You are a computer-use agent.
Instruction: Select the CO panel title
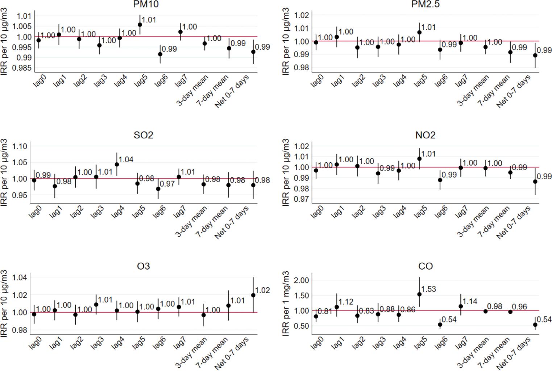click(425, 266)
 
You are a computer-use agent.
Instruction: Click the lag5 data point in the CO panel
click(419, 294)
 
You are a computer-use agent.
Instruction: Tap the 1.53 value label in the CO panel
click(428, 289)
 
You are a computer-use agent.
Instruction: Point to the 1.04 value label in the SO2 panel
click(126, 159)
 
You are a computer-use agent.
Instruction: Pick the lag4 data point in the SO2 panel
click(117, 164)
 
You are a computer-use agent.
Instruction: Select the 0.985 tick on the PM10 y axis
click(22, 68)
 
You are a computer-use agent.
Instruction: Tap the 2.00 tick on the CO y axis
click(302, 280)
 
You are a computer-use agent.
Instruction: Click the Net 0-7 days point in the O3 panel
click(253, 295)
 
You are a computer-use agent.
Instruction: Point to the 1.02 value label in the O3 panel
click(262, 290)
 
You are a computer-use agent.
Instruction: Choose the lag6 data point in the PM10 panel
click(160, 54)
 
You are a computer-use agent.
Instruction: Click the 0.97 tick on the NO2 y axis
click(302, 199)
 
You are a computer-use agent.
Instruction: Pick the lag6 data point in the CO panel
click(440, 325)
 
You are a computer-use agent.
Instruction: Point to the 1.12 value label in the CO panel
click(346, 301)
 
